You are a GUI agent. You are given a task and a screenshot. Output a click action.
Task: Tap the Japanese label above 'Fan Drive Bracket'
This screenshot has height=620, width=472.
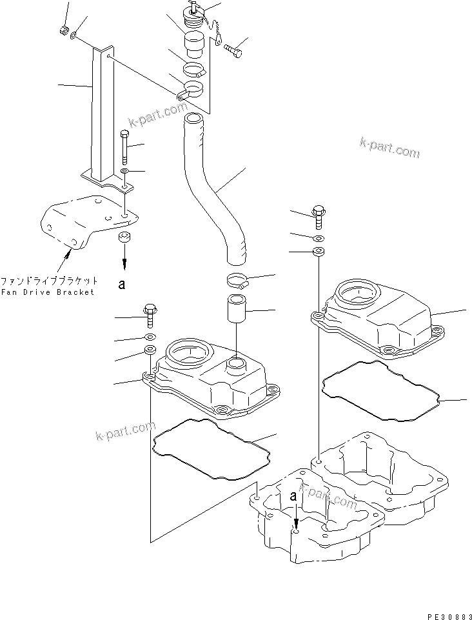(x=49, y=281)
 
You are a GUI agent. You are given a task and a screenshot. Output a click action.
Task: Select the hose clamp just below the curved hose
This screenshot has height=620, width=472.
(x=238, y=281)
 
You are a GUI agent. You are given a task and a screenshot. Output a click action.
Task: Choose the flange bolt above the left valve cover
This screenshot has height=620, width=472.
(x=150, y=314)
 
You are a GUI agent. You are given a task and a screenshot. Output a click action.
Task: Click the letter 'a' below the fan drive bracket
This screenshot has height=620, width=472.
(x=121, y=283)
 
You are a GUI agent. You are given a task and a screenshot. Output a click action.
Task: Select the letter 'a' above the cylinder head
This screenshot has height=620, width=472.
(x=293, y=497)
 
